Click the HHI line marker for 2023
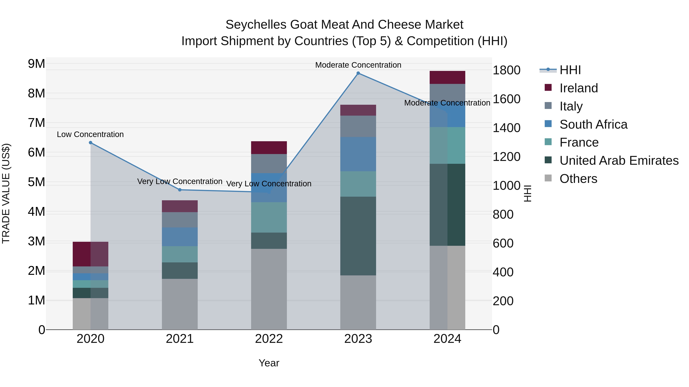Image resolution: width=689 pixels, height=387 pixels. point(358,73)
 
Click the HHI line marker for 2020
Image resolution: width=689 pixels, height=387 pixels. point(90,143)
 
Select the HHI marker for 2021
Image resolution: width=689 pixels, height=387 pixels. point(180,190)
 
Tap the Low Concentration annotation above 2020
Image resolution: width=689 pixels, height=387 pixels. point(90,134)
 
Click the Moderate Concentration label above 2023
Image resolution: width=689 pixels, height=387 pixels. point(358,65)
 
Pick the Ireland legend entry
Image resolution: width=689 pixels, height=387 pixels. point(578,88)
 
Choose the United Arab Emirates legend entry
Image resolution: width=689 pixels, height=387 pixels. point(619,161)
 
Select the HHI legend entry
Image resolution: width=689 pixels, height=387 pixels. point(570,70)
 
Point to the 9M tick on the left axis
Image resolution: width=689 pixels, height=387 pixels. point(36,64)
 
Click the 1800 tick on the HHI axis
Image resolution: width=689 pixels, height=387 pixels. point(506,70)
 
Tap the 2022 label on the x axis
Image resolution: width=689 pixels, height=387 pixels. point(269,339)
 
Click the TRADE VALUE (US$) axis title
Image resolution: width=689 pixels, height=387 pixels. point(6,193)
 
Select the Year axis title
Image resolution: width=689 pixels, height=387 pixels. point(269,363)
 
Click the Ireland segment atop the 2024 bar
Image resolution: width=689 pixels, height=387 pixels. point(447,77)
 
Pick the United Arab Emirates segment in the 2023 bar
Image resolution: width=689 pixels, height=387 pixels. point(358,236)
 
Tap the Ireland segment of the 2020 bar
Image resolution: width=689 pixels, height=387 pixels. point(90,254)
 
